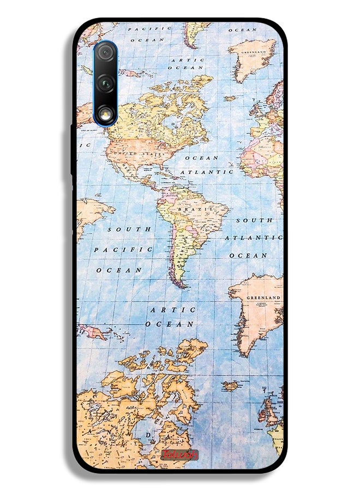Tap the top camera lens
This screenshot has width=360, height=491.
(x=105, y=53)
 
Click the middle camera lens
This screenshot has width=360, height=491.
(x=105, y=83)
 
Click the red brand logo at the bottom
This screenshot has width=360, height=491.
(x=179, y=454)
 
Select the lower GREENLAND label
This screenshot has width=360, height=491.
(x=263, y=298)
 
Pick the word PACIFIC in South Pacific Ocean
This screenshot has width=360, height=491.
(x=123, y=250)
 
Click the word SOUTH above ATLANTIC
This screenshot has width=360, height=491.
(x=254, y=220)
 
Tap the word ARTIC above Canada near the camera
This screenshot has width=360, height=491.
(x=187, y=60)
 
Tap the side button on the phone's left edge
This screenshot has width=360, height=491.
(x=72, y=147)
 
